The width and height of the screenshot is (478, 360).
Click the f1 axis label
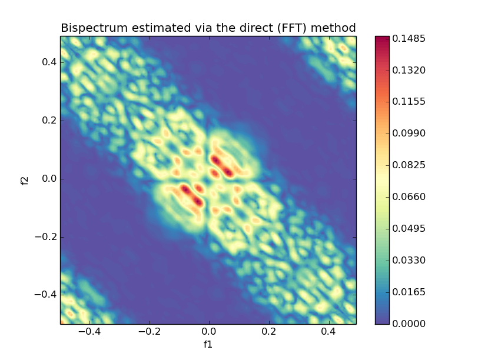point(208,345)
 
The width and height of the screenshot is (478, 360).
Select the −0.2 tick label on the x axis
point(149,332)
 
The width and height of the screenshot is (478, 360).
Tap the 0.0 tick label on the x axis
point(209,332)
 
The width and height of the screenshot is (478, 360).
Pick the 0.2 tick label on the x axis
point(269,332)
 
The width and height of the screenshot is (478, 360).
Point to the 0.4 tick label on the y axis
point(48,62)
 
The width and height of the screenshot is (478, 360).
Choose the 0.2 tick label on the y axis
point(48,121)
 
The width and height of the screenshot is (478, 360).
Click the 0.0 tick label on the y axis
point(48,179)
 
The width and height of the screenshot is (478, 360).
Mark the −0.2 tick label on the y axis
point(45,237)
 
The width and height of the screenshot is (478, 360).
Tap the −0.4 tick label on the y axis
point(45,295)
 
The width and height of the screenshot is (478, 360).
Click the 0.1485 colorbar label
point(409,39)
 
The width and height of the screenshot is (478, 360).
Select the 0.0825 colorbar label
point(409,165)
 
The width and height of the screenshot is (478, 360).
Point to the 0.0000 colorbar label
point(409,324)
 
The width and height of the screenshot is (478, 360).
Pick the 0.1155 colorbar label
point(409,102)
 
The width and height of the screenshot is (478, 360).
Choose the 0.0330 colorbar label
point(409,260)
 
